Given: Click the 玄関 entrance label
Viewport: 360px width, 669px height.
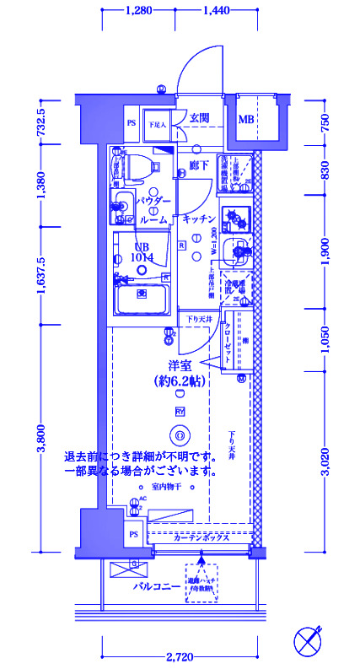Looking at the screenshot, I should (199, 118).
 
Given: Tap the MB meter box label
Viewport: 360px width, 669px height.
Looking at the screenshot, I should (245, 119).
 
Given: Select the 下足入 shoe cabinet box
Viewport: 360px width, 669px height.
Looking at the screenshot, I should (159, 123).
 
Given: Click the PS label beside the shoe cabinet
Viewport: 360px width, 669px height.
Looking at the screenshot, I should (132, 123).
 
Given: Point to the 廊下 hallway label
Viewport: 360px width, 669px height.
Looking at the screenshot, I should (199, 165).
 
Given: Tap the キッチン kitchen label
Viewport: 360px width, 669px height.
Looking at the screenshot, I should (196, 219).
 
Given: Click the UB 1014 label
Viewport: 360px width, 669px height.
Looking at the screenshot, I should (142, 254).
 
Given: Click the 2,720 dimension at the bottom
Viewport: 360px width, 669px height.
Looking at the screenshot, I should (178, 656).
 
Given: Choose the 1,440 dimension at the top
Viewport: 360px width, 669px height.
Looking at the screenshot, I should (217, 10).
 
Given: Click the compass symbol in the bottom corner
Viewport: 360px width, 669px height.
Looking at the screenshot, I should (309, 640).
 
